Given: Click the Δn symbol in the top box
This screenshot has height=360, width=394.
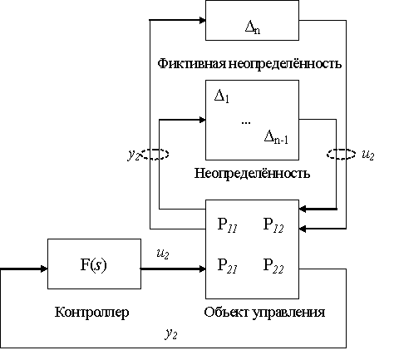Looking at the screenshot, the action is tap(253, 27).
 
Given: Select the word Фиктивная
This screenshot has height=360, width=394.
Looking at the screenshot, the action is tap(192, 63).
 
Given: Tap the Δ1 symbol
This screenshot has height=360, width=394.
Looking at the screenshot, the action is tap(222, 96).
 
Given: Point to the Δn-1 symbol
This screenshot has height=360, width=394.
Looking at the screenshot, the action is tap(276, 137).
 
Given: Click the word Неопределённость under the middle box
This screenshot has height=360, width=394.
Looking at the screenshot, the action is tap(252, 173).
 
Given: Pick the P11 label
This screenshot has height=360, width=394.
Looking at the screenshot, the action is tap(227, 224).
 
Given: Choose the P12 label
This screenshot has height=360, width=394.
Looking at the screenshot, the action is tap(273, 224).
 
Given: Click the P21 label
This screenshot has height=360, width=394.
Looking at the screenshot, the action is tap(227, 266).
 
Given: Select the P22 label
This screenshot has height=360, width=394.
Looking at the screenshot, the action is tap(273, 266).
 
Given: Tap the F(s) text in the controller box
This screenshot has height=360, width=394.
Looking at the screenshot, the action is tap(94, 265).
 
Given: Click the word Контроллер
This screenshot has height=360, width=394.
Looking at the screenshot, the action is tap(92, 312).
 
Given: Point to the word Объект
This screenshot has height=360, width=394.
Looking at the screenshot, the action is tap(226, 312).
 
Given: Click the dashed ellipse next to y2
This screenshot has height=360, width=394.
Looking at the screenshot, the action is tap(155, 150).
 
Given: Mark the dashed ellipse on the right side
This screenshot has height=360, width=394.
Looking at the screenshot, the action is tap(341, 150).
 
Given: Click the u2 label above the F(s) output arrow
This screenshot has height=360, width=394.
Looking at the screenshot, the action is tap(163, 254).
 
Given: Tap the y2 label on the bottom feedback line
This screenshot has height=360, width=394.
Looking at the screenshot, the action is tap(171, 333).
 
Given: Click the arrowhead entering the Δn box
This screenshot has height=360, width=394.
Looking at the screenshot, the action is tap(203, 20).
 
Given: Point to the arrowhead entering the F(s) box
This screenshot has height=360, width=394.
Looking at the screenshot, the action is tap(44, 269).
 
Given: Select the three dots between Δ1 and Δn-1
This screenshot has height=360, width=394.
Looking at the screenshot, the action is tap(246, 122).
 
